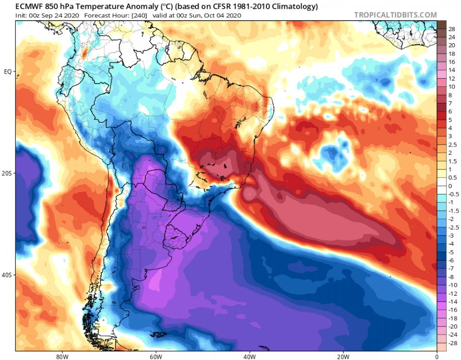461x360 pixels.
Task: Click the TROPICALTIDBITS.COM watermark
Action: click(x=395, y=15)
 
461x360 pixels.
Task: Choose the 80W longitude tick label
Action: click(x=61, y=356)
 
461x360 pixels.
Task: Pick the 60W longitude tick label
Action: click(x=155, y=356)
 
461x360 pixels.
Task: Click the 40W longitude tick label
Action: click(x=249, y=356)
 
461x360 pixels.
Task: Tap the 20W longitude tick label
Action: click(x=342, y=356)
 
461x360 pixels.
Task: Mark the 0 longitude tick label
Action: click(x=437, y=356)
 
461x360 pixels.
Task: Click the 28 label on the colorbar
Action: click(x=451, y=29)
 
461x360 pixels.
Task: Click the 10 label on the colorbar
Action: click(x=451, y=87)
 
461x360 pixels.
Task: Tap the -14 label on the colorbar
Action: click(x=451, y=301)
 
